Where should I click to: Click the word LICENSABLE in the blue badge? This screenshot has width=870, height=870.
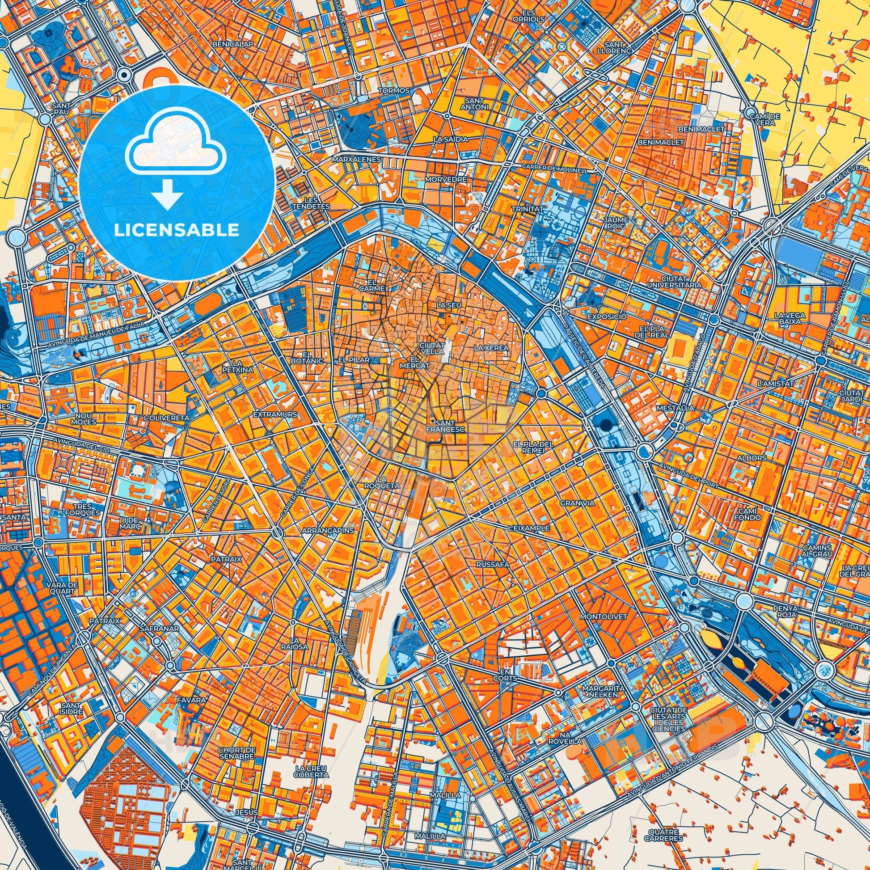pyautogui.click(x=177, y=230)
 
